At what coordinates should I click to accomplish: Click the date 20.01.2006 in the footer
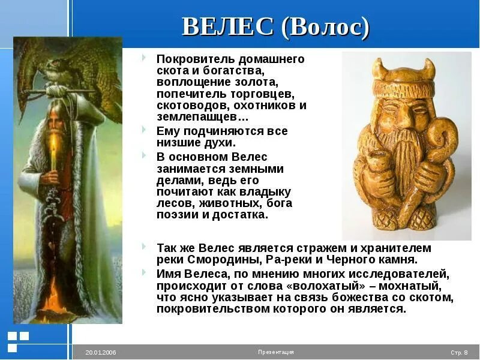pos(100,352)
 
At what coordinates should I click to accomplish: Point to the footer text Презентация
pos(275,352)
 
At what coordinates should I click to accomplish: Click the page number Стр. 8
pos(459,352)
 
